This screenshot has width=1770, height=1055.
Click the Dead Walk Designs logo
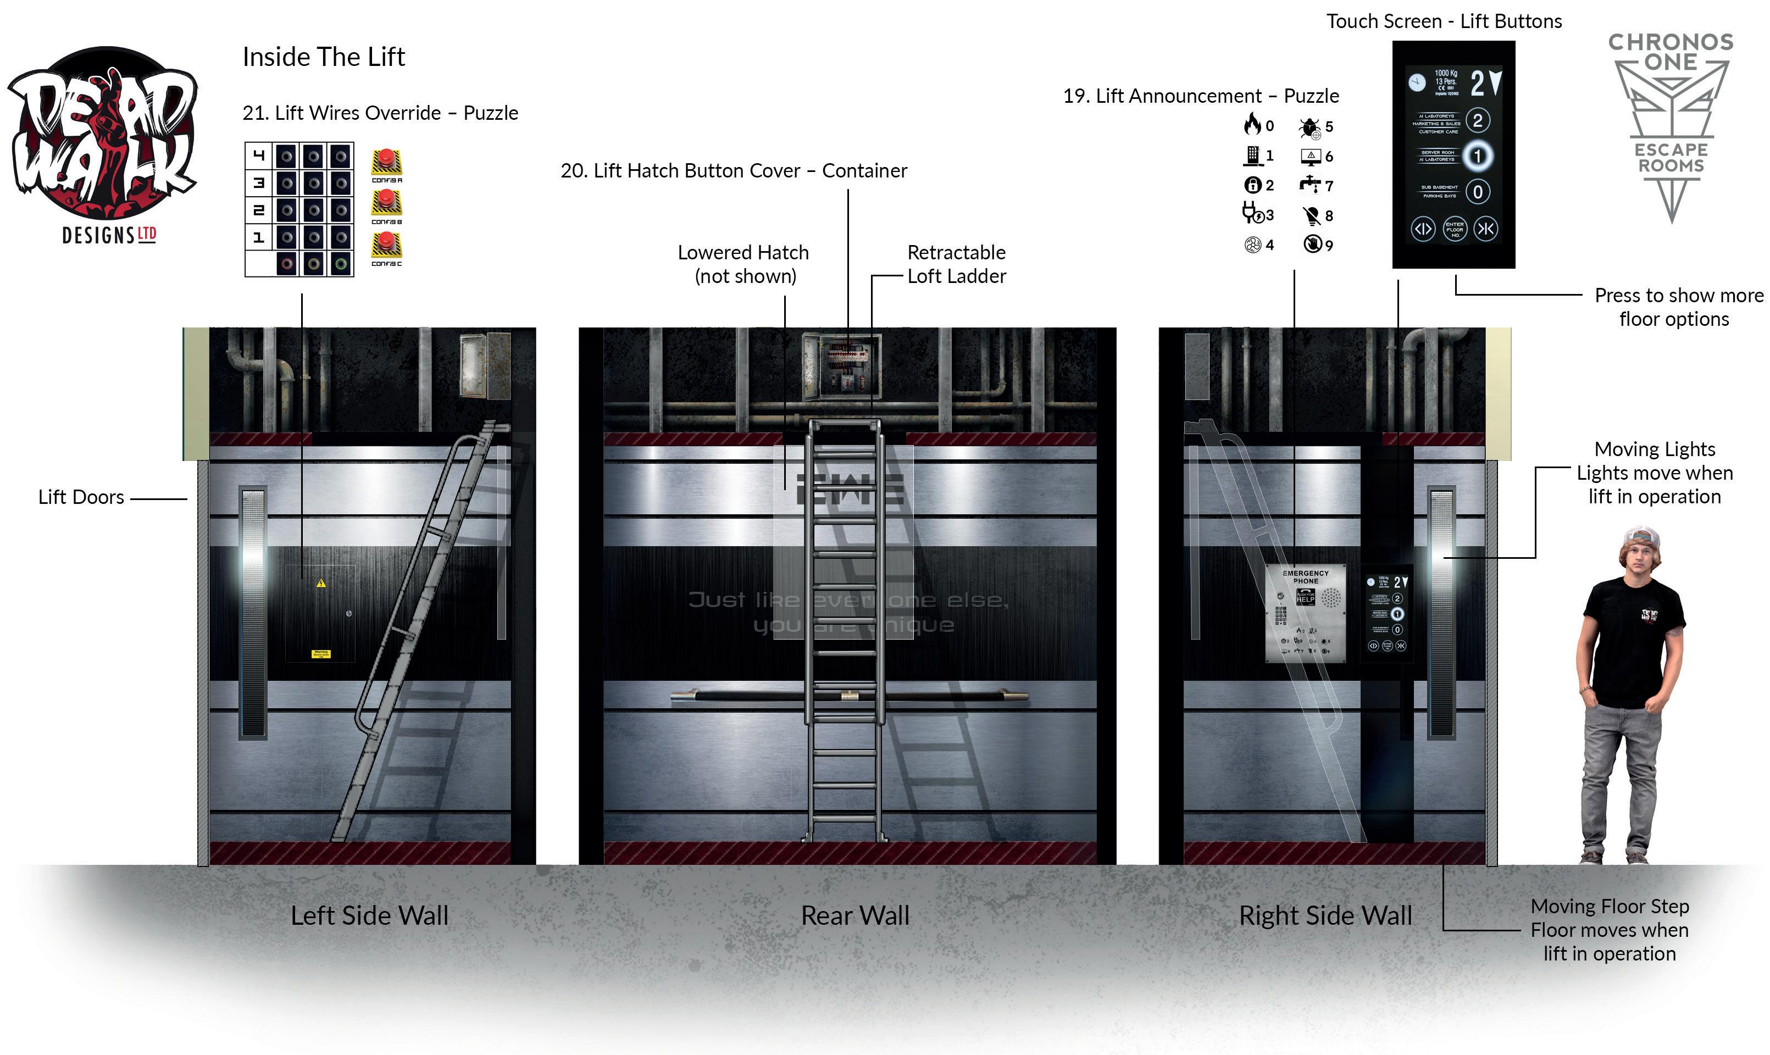point(103,142)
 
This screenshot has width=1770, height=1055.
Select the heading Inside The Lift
point(324,57)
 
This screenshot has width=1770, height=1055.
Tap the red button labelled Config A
point(386,162)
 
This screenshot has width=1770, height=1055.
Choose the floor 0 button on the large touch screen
point(1478,191)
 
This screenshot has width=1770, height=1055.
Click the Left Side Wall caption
point(370,915)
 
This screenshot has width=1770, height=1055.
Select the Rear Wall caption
point(855,915)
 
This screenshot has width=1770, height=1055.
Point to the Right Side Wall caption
point(1326,915)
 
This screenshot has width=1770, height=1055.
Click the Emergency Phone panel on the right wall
point(1306,613)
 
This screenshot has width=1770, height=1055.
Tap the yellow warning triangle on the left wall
point(321,584)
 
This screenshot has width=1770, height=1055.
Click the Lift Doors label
point(81,497)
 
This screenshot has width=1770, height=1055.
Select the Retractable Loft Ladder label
point(956,264)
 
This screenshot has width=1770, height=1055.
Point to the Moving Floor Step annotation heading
point(1610,907)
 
